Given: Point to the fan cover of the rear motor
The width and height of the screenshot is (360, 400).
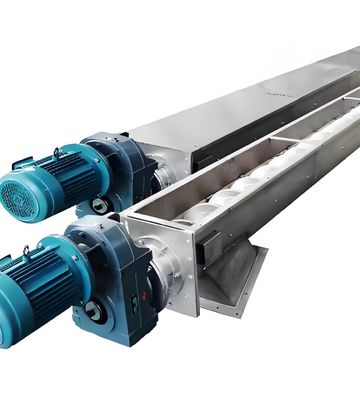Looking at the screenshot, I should tap(18, 190).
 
